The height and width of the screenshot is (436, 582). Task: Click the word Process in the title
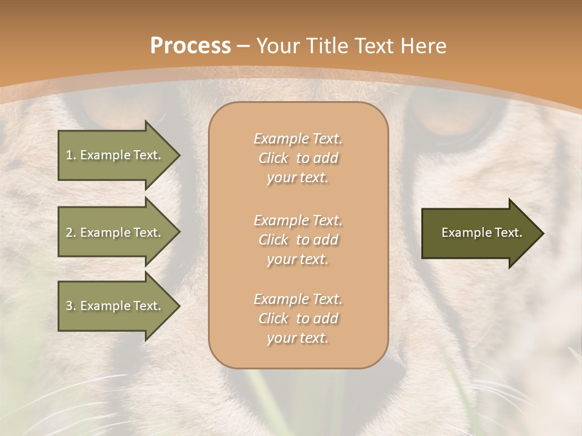190,46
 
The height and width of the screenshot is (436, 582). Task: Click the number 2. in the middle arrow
70,233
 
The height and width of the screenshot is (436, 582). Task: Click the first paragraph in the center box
298,158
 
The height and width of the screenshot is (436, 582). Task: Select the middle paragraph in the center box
298,240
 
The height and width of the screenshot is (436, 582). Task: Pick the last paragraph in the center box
298,319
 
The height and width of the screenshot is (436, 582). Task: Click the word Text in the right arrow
509,233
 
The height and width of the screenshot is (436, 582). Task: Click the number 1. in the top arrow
70,155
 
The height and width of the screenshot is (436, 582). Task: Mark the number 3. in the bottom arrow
70,306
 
